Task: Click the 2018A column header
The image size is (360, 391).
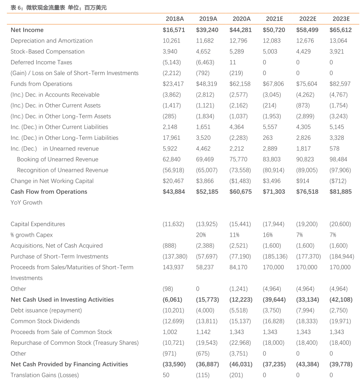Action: [174, 18]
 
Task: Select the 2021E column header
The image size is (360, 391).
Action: [275, 18]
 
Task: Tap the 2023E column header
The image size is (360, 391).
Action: [341, 18]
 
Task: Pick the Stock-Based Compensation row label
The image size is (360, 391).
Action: [48, 51]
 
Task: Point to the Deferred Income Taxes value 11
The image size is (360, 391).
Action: [233, 62]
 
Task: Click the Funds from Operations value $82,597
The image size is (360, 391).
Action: [340, 84]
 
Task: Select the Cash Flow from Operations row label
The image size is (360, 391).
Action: [49, 192]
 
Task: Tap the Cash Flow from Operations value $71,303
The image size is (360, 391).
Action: [274, 192]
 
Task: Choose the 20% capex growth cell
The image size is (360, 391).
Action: [201, 235]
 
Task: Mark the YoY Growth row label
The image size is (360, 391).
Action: [27, 202]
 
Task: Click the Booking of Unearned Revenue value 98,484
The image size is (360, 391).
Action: [340, 159]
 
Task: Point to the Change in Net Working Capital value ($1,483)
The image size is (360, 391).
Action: [240, 181]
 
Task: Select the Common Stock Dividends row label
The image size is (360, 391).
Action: [45, 321]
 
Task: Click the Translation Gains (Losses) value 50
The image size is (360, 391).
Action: [166, 375]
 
